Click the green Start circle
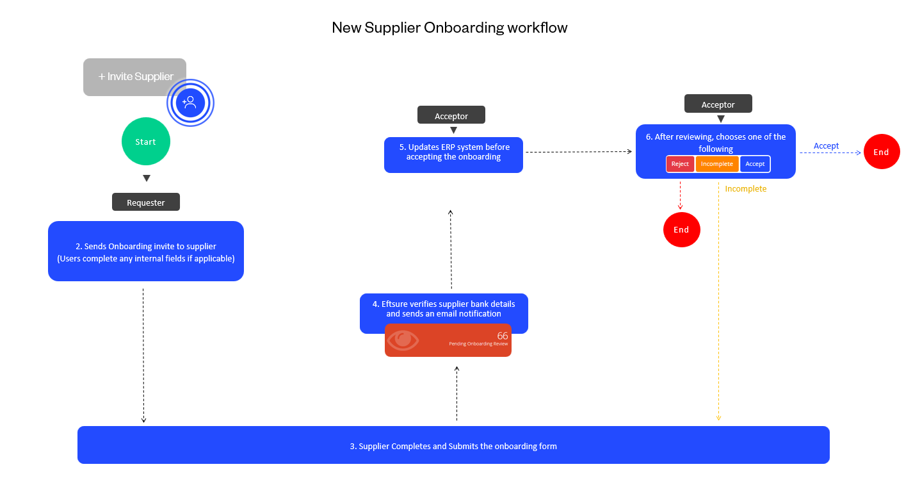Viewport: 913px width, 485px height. tap(146, 142)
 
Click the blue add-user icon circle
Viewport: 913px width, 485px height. tap(190, 103)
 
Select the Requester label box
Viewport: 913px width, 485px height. tap(146, 202)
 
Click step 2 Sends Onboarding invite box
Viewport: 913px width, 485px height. tap(146, 251)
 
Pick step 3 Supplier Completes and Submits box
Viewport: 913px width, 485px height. tap(453, 445)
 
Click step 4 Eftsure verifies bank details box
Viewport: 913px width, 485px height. tap(444, 309)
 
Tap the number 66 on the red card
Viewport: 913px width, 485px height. tap(503, 336)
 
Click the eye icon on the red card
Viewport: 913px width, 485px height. tap(403, 340)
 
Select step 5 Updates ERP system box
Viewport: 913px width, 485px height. tap(453, 154)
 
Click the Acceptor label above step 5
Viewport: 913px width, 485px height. tap(451, 116)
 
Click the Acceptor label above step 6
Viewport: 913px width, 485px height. tap(718, 104)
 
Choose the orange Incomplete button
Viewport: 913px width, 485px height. tap(717, 164)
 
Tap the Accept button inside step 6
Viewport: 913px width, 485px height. tap(755, 164)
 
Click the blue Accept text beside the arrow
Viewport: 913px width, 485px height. tap(826, 146)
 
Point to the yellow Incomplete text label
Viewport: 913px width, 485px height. tap(746, 189)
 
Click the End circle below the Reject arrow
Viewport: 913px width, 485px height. tap(681, 229)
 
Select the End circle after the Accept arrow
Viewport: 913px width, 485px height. tap(882, 152)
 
